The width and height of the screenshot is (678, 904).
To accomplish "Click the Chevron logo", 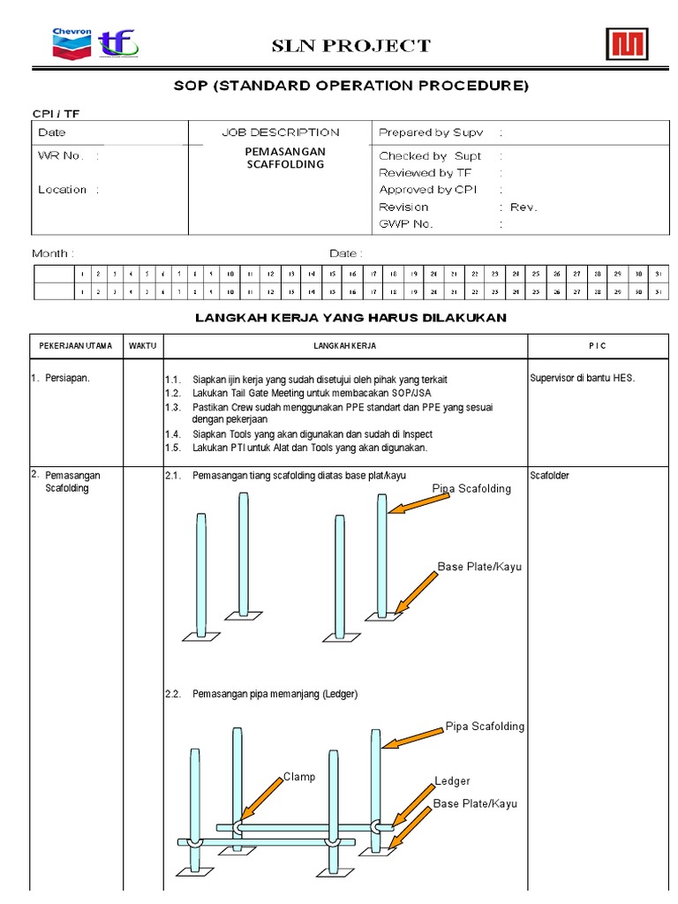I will point(72,44).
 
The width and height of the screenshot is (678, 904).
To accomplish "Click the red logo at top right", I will point(626,44).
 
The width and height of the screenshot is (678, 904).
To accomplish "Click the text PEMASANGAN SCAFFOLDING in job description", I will point(284,158).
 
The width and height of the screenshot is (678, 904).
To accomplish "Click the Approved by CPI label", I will point(427,190).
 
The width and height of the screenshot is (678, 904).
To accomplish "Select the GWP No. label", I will point(406,224).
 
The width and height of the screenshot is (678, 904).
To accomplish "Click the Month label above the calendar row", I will point(52,253).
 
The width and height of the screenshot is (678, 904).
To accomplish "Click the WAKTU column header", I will point(142,345).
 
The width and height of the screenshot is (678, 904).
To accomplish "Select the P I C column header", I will point(598,345).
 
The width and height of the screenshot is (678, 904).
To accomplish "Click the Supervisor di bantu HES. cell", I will point(582,378).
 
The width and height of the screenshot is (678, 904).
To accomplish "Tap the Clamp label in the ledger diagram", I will point(299,777).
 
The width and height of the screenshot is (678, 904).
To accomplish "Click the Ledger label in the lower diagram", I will point(452,781).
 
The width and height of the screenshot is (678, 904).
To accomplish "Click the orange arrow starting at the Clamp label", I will point(264,800).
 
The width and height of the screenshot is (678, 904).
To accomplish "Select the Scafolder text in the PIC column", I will point(550,476).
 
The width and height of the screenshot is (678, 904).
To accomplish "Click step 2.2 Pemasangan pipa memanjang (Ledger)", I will point(263,695).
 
